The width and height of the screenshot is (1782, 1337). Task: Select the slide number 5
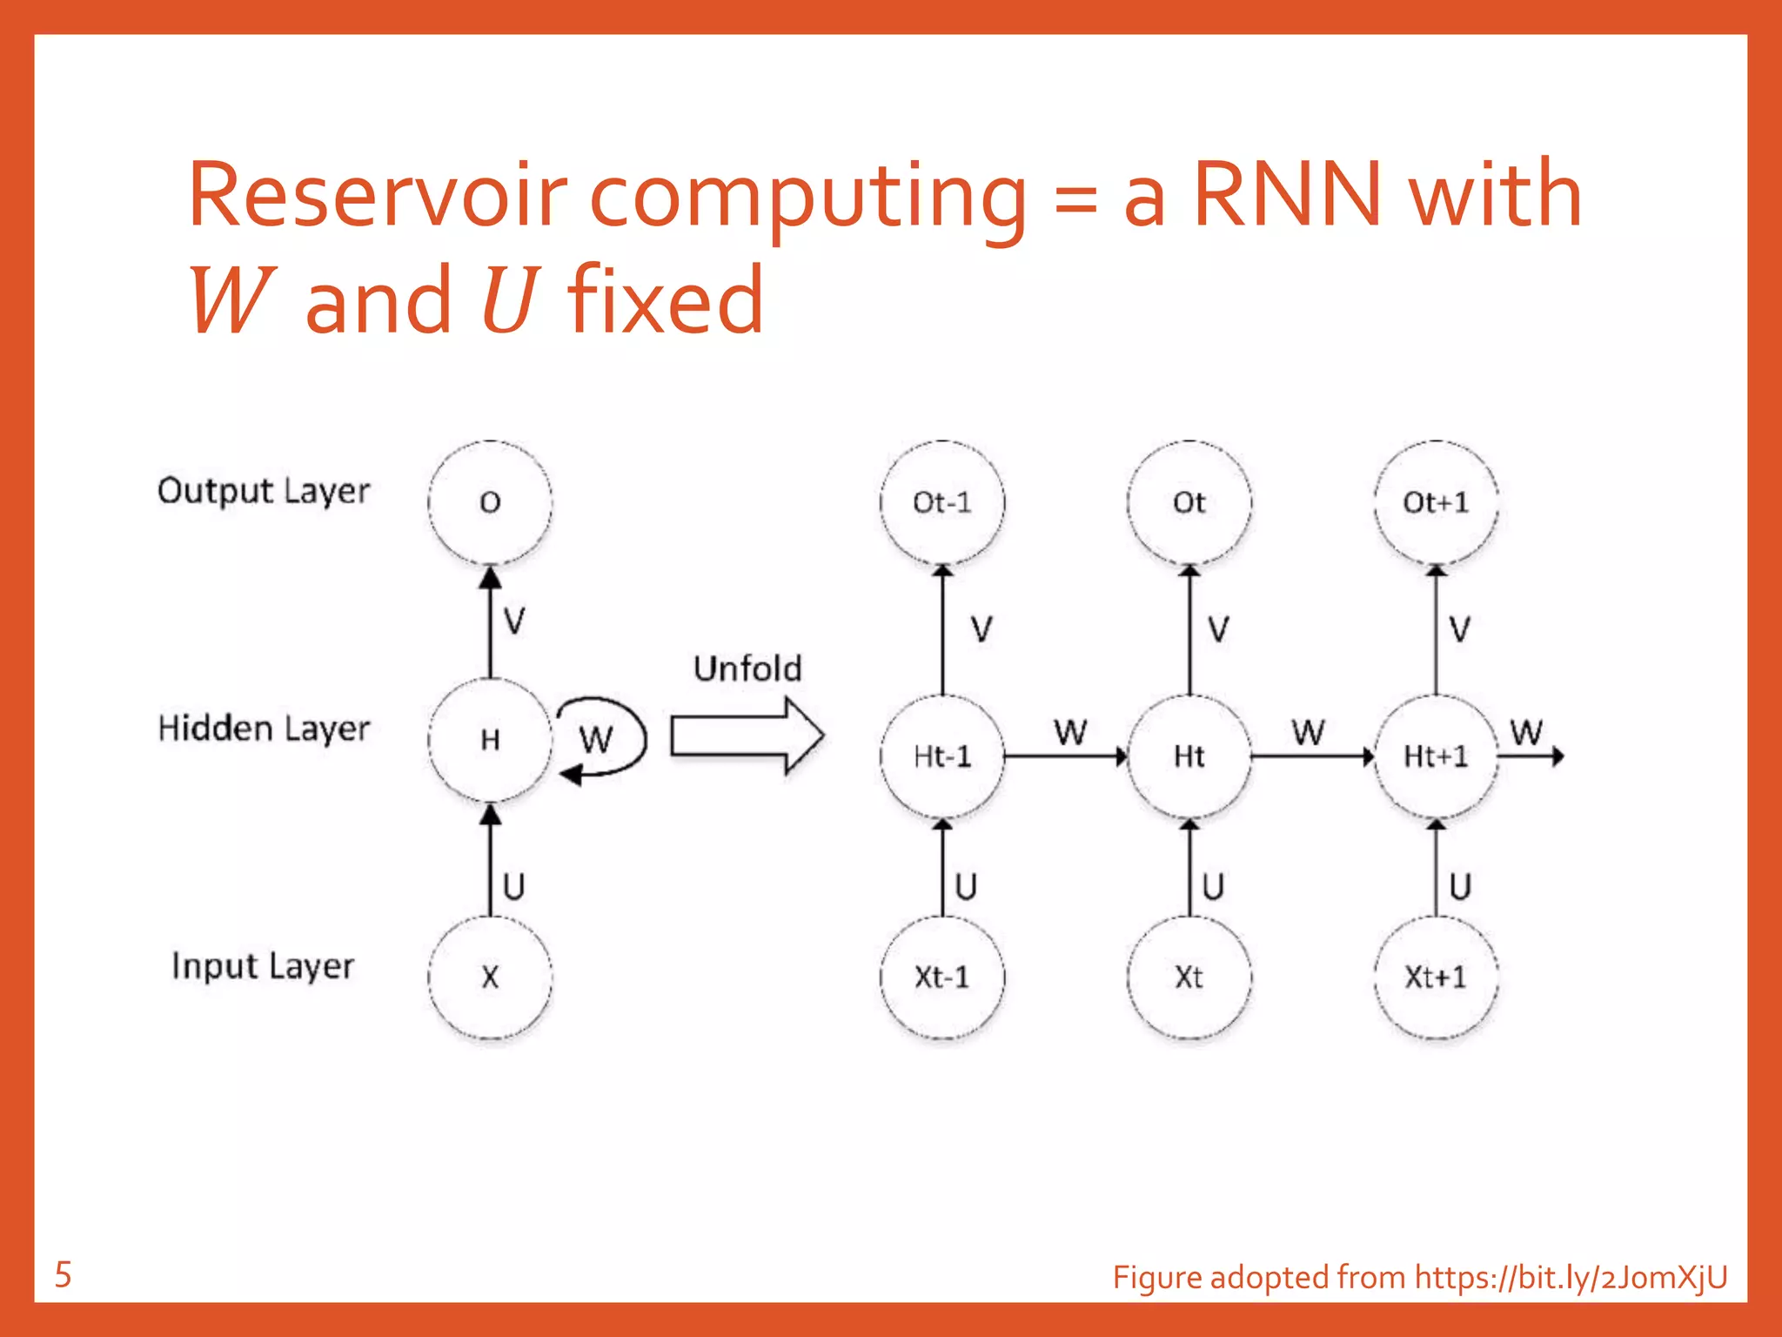63,1275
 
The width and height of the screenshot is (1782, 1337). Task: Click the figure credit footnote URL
1571,1277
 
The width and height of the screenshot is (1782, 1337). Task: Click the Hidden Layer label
264,729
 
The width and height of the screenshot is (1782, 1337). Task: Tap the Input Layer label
263,966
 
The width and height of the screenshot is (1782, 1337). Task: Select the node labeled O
490,502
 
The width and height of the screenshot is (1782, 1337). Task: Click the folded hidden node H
490,740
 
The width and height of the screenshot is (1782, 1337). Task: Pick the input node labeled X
490,977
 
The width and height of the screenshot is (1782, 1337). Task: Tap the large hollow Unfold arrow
747,736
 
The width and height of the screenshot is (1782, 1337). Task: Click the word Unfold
747,668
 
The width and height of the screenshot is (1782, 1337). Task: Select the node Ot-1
942,502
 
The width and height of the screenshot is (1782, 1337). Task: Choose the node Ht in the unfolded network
1189,756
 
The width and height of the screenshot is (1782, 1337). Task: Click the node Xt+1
1436,977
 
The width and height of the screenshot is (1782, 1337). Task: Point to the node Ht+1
1436,756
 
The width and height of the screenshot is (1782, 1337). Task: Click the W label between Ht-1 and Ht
1070,732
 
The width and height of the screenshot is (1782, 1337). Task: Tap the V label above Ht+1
1459,628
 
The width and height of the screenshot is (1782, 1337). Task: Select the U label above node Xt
1213,887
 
